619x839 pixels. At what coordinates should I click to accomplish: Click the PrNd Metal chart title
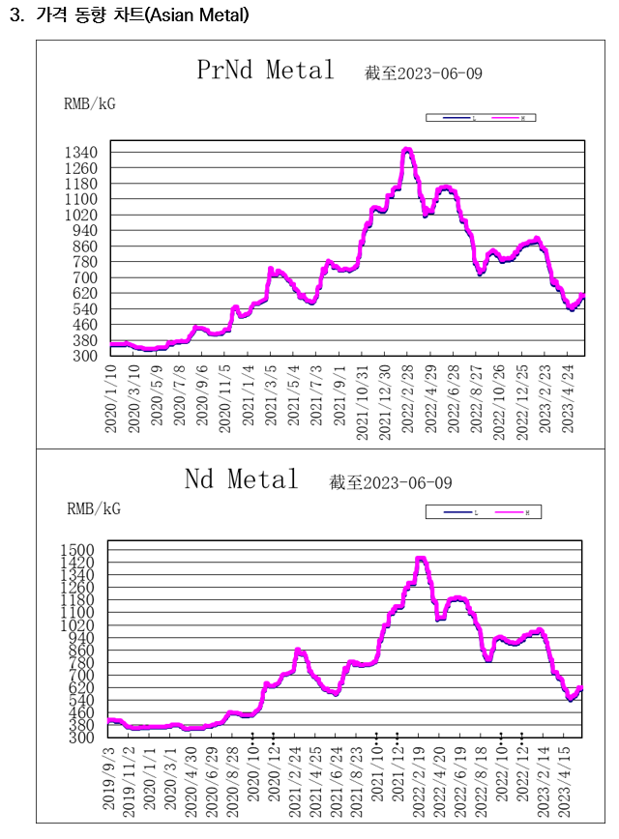[265, 71]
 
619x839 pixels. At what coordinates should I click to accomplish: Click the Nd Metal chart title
[242, 479]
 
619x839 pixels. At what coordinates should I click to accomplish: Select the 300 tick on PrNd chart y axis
[86, 356]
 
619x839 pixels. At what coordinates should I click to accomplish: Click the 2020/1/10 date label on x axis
[111, 398]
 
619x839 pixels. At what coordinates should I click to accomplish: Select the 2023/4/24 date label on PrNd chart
[568, 398]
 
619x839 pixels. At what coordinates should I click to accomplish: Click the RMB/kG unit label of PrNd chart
[89, 103]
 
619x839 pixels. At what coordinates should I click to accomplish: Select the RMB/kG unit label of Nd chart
[93, 507]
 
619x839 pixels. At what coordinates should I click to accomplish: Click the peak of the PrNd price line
[407, 150]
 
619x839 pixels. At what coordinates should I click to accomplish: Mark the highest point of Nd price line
[421, 558]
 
